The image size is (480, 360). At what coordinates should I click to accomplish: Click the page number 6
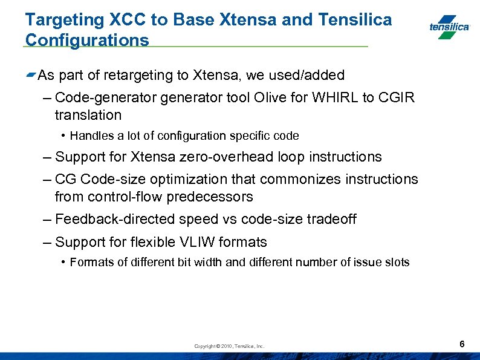click(x=462, y=344)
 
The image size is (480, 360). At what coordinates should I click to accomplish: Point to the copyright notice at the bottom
click(x=229, y=346)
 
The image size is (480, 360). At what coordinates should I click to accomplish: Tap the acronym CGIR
click(x=397, y=98)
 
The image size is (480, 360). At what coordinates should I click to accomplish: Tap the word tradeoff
click(x=331, y=219)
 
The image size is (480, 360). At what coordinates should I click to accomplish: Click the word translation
click(x=88, y=115)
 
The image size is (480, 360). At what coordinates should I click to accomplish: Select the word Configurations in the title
click(x=86, y=41)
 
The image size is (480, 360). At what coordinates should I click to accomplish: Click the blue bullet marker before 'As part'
click(x=30, y=75)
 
